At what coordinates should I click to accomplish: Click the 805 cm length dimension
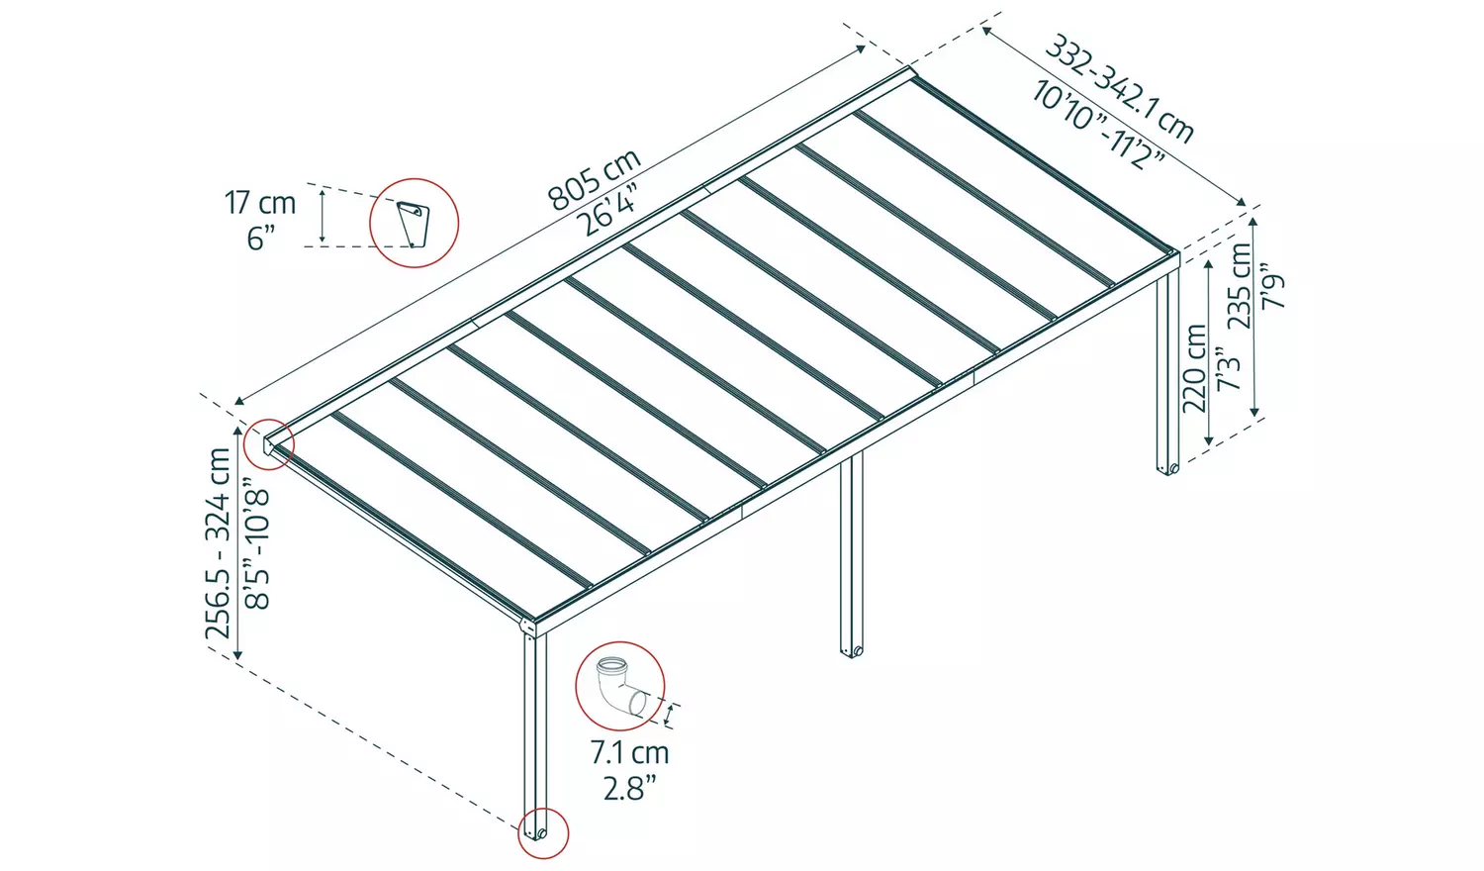click(595, 179)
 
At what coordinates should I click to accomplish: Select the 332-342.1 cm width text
click(1120, 89)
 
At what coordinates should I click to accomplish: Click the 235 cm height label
click(1239, 285)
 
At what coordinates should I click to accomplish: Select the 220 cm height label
click(1195, 367)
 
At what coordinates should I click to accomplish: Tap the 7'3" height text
click(1228, 368)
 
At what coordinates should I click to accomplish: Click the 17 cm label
click(260, 203)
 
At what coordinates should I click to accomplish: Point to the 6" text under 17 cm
click(260, 239)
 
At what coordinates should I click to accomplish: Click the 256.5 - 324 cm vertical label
click(219, 543)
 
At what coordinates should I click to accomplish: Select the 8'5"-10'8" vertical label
click(256, 543)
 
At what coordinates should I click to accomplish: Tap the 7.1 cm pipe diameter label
click(629, 752)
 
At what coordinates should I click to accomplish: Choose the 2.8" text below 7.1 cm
click(629, 788)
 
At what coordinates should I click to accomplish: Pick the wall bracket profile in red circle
click(414, 223)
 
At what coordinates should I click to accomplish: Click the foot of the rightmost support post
click(1168, 467)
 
